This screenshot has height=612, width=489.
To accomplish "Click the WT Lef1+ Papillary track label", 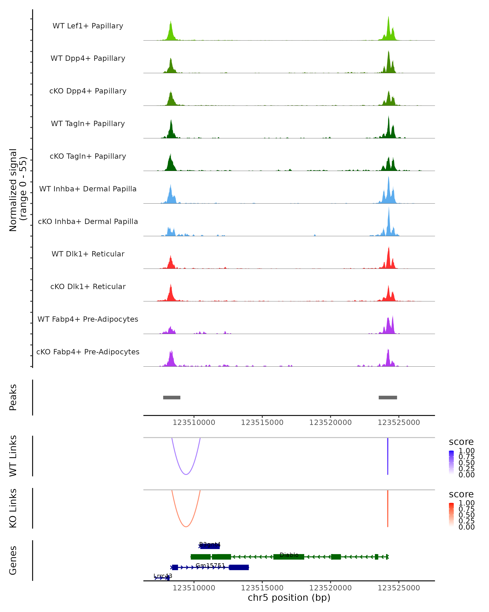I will (x=88, y=26).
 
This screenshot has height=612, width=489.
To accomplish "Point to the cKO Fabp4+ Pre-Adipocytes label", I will (x=88, y=352).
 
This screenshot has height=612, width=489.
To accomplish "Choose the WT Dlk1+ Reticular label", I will (x=88, y=254).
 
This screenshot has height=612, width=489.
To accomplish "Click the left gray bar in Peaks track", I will (x=172, y=397).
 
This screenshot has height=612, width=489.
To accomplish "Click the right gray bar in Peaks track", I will (x=388, y=397).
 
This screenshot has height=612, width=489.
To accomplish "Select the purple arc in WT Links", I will (x=186, y=474).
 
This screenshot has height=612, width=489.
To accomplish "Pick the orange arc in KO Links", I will (x=186, y=526).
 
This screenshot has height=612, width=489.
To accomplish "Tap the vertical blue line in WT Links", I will (x=388, y=456).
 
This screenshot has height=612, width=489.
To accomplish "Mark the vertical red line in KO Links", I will (x=388, y=508).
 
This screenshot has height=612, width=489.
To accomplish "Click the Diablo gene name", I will (x=289, y=555).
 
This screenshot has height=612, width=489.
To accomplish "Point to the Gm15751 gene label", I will (x=210, y=565).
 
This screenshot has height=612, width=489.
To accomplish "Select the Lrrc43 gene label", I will (x=163, y=576).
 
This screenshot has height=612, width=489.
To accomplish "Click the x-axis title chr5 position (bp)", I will (x=289, y=598).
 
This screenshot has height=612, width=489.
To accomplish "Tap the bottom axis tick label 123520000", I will (x=330, y=588).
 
